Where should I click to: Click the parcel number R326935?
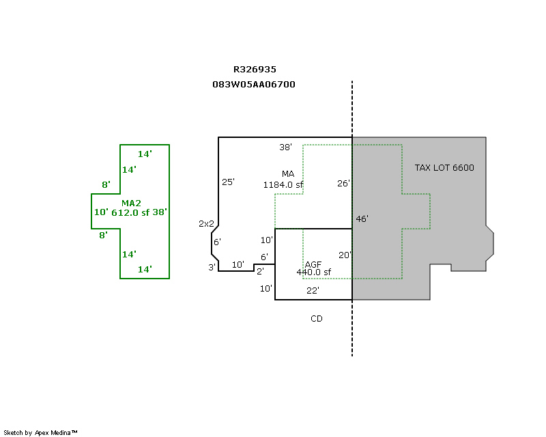pos(255,70)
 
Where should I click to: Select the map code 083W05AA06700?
pos(254,85)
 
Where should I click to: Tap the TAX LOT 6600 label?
pos(444,168)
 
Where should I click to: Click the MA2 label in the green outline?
pos(131,203)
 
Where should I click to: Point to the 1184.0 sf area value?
pos(283,184)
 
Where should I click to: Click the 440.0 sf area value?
pos(313,272)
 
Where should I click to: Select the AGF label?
pos(313,264)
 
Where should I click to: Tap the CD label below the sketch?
pos(317,319)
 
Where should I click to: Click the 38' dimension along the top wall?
pos(285,147)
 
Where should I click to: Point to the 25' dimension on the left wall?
pos(228,182)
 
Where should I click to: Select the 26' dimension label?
pos(343,183)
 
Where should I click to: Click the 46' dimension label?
pos(362,219)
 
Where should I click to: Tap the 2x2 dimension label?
pos(206,223)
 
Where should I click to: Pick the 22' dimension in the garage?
pos(313,291)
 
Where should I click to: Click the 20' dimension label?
pos(345,255)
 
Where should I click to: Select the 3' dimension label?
pos(212,267)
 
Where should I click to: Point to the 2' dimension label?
pos(260,271)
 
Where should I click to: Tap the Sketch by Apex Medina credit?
pos(41,433)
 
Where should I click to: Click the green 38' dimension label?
pos(160,212)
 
